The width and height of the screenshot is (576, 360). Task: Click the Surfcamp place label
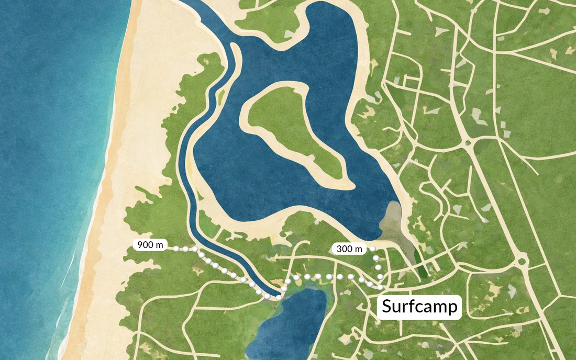point(419,306)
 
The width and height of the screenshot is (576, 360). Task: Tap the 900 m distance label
point(150,245)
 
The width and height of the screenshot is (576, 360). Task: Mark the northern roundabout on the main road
point(467,142)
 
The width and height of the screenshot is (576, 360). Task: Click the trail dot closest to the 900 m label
point(176,248)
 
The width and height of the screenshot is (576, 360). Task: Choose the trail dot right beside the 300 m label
point(374,249)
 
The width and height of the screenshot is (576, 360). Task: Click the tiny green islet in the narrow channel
point(221,96)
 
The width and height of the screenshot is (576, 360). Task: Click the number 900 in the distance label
point(145,245)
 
